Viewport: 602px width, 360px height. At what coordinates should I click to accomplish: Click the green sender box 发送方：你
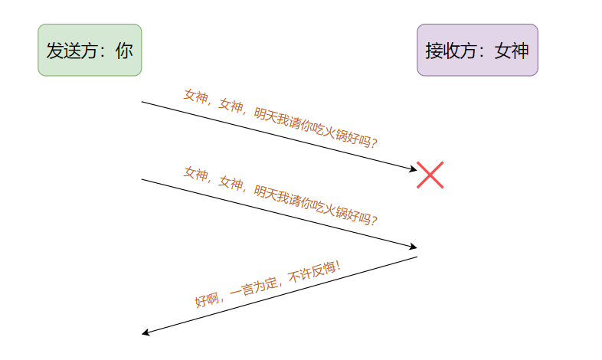(90, 50)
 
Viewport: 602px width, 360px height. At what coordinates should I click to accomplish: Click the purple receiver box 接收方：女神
(477, 50)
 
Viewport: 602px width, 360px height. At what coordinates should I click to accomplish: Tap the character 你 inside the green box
(125, 51)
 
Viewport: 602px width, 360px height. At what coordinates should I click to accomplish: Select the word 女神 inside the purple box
(512, 51)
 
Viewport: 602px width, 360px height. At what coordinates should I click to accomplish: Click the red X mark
(430, 175)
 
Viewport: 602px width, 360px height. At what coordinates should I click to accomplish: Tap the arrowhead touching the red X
(413, 169)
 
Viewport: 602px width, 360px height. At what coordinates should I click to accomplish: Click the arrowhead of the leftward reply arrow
(146, 333)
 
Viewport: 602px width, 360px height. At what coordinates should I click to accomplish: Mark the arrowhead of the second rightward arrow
(414, 247)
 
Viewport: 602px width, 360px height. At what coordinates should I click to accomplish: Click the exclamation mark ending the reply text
(337, 266)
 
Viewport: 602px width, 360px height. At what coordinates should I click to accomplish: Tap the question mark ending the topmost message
(375, 142)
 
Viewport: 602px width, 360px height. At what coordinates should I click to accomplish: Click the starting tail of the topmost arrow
(142, 101)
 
